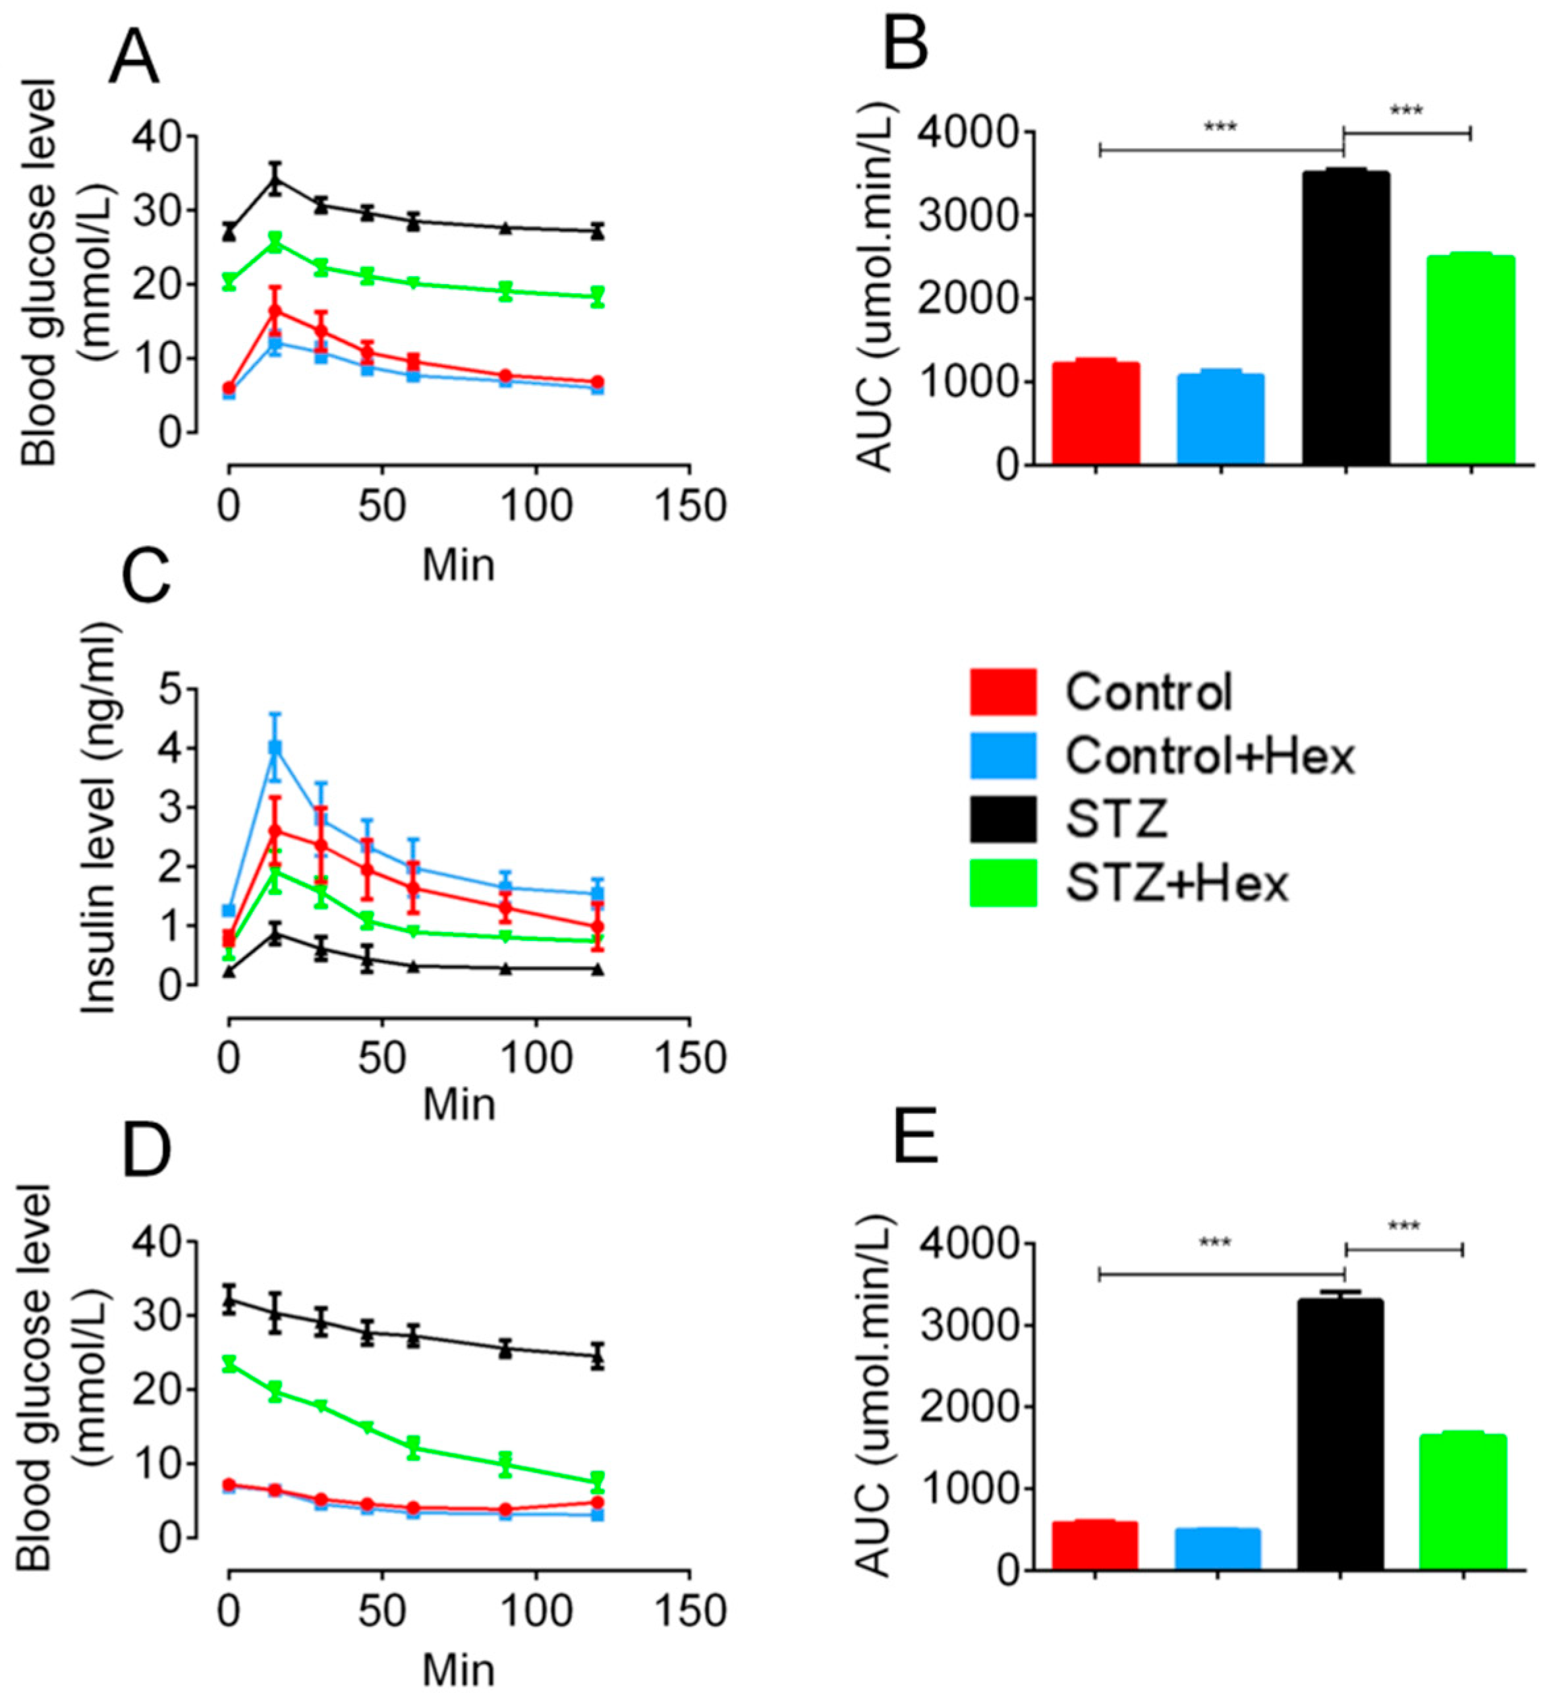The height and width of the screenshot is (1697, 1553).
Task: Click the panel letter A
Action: click(x=134, y=57)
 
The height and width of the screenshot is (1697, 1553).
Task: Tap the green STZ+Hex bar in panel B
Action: click(x=1471, y=359)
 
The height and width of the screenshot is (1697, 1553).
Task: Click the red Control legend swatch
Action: click(x=1003, y=691)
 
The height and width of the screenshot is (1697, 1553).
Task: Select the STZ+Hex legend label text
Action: click(x=1177, y=884)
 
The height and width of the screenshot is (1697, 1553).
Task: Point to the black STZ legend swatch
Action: click(x=1003, y=819)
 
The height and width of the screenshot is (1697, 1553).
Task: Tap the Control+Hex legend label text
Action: click(x=1210, y=756)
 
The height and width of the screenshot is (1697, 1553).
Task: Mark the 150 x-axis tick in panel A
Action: click(x=689, y=506)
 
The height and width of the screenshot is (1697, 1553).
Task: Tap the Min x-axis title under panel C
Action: click(x=459, y=1104)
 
